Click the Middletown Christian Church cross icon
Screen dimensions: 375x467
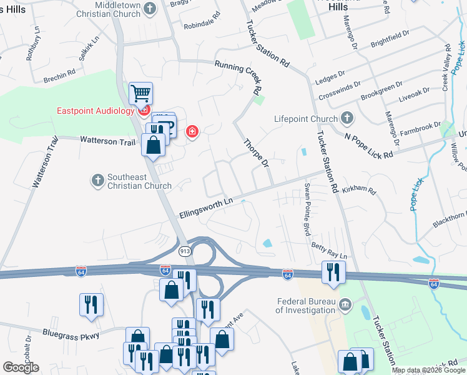(x=149, y=8)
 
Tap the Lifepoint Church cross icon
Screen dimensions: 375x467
(x=348, y=118)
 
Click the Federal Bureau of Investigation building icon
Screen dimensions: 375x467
(x=345, y=306)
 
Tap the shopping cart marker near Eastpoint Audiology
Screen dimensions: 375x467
(x=141, y=94)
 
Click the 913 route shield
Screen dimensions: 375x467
(x=184, y=251)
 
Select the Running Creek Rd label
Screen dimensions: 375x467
(x=237, y=74)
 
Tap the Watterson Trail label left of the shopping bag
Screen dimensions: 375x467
(x=107, y=142)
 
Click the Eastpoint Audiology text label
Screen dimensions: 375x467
(x=96, y=111)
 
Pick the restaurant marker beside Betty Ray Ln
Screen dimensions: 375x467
(x=332, y=272)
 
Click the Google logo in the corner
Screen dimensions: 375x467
(x=21, y=367)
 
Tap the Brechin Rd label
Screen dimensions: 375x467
(x=59, y=79)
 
